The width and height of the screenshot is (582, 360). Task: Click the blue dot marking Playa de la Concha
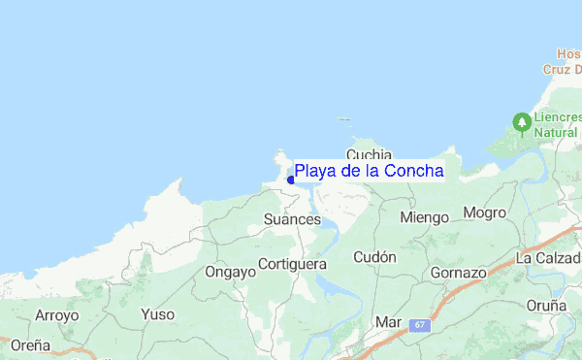[x=291, y=180]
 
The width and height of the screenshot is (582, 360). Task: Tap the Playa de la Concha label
[x=369, y=171]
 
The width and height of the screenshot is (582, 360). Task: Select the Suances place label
[x=292, y=220]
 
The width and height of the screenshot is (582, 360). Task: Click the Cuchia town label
[x=369, y=153]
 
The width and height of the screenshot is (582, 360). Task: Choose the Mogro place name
[x=485, y=213]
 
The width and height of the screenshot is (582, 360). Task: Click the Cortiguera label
[x=293, y=264]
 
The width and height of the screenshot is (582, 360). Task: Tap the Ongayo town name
[x=230, y=272]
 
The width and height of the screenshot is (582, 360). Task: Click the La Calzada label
[x=548, y=258]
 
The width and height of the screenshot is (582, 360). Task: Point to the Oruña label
[x=546, y=305]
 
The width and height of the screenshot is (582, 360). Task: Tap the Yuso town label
[x=157, y=314]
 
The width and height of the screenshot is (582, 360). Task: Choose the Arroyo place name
[x=56, y=314]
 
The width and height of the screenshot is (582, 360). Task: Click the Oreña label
[x=30, y=344]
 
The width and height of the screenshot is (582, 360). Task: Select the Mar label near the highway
[x=388, y=321]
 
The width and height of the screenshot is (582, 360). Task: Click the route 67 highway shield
[x=419, y=325]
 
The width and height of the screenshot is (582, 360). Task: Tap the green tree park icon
[x=523, y=122]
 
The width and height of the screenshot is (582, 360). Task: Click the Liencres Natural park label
[x=560, y=124]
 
